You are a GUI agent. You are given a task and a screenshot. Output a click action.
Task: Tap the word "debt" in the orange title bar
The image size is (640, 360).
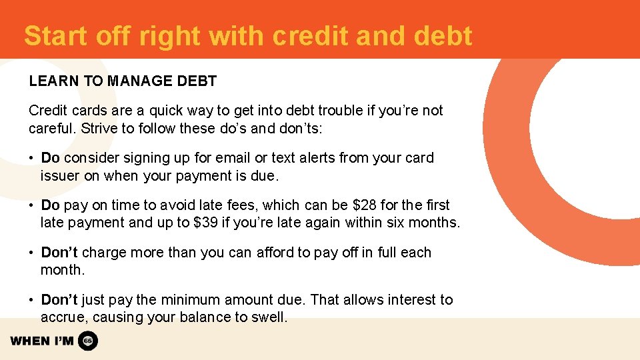point(443,36)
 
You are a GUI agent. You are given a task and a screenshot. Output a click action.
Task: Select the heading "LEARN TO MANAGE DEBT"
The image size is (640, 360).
point(123,81)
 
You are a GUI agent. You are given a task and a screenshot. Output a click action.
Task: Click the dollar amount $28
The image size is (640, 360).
point(361,205)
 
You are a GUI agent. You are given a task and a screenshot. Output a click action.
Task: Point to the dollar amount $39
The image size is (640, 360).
point(206,223)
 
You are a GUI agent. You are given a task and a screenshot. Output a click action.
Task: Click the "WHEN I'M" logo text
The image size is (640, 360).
point(42,341)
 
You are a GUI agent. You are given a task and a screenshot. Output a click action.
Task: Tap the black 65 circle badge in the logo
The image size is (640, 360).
point(88,341)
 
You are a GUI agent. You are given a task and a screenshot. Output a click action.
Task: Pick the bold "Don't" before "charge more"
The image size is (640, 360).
point(59,253)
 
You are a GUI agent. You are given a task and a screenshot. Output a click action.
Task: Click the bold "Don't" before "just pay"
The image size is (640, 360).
point(59,300)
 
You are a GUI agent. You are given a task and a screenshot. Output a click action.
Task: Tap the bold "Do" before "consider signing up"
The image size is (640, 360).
point(51,158)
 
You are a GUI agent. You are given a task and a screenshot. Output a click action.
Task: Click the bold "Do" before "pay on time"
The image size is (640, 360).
point(51,205)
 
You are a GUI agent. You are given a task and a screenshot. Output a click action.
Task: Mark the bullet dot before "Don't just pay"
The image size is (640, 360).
point(32,300)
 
